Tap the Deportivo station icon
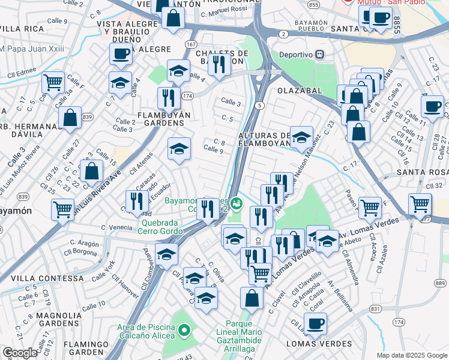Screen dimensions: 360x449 coord(320,54)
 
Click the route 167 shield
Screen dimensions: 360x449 coord(191,44)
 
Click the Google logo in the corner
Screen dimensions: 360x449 coord(20,353)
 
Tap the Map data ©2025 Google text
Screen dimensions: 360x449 coord(411,355)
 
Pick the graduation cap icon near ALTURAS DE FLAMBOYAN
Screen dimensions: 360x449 coord(301,136)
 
